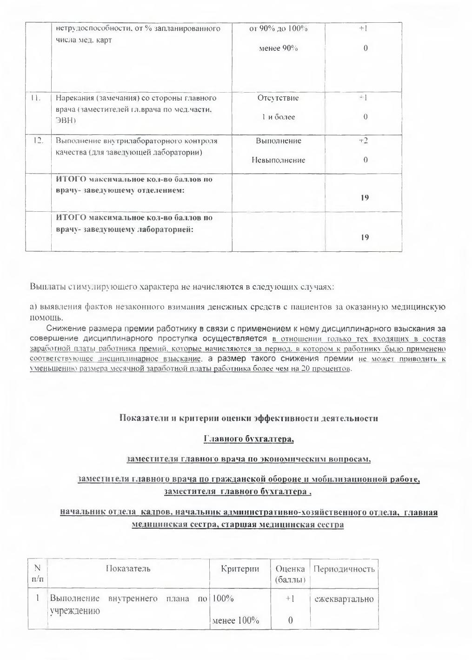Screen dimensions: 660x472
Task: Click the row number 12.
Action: pyautogui.click(x=38, y=141)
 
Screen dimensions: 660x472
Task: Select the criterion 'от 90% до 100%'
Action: pyautogui.click(x=278, y=29)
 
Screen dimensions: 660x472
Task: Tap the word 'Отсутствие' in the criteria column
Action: pyautogui.click(x=278, y=98)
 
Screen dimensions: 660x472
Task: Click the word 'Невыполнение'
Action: pyautogui.click(x=278, y=160)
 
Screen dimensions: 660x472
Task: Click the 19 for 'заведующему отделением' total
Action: pyautogui.click(x=365, y=198)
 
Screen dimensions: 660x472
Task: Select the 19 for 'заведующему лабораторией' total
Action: pyautogui.click(x=365, y=237)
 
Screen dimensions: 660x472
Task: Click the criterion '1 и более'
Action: pyautogui.click(x=278, y=117)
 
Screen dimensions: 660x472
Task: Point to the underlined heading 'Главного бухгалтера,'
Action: pyautogui.click(x=249, y=438)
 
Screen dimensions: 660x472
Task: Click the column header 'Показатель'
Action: pyautogui.click(x=128, y=569)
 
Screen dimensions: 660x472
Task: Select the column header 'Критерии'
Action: pyautogui.click(x=240, y=569)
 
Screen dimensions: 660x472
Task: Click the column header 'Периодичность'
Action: pyautogui.click(x=344, y=569)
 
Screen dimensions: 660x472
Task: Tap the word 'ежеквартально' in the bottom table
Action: pyautogui.click(x=344, y=599)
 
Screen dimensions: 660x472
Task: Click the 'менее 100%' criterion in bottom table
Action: pyautogui.click(x=235, y=620)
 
